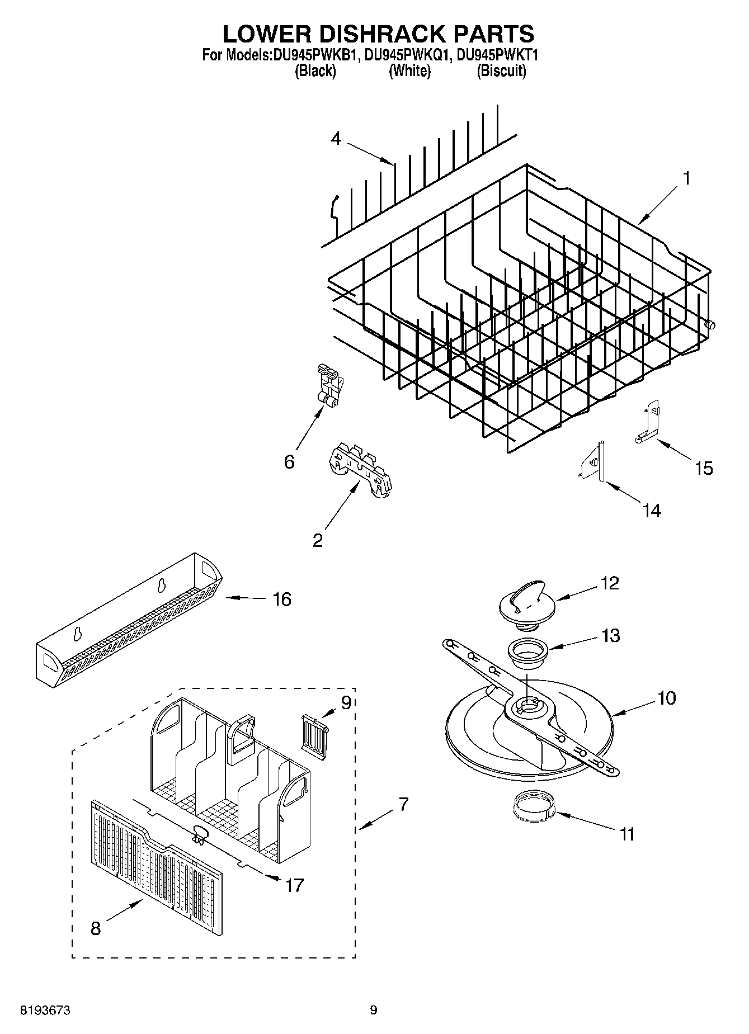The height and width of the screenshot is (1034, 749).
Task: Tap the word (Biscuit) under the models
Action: click(x=501, y=71)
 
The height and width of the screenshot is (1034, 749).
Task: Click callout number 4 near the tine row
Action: click(x=336, y=138)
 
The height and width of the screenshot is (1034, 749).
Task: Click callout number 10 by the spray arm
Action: click(x=667, y=698)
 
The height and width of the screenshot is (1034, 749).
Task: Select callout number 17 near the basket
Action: click(x=294, y=885)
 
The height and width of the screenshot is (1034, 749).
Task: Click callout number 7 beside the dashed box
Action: click(x=403, y=805)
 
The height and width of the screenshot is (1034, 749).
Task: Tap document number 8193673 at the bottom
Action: click(x=45, y=1010)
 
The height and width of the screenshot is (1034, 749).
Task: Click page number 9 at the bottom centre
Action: click(x=374, y=1010)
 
